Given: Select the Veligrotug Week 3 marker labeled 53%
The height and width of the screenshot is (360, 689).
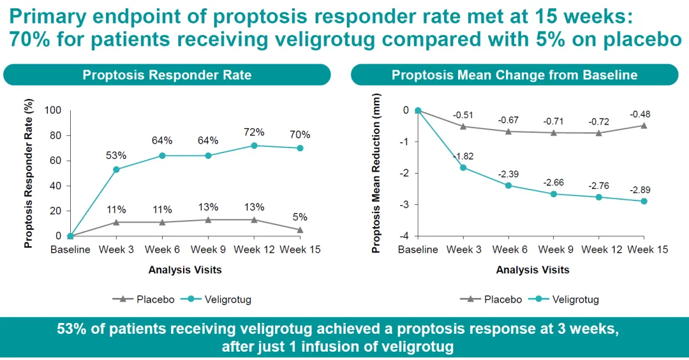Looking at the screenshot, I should pyautogui.click(x=116, y=169).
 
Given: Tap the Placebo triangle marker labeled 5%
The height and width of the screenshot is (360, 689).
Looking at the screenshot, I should pyautogui.click(x=300, y=230).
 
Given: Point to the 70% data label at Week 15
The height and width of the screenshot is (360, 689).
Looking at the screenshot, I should pyautogui.click(x=300, y=135).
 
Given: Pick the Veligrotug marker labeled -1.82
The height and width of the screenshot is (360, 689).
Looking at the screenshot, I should pyautogui.click(x=463, y=168).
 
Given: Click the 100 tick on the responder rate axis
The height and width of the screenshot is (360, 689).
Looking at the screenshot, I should pyautogui.click(x=52, y=110).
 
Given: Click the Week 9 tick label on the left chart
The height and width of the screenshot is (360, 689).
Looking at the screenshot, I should pyautogui.click(x=208, y=250).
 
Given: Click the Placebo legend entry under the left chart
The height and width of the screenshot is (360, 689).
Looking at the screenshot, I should pyautogui.click(x=143, y=299).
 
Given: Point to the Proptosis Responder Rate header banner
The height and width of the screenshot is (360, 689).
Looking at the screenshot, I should pyautogui.click(x=167, y=75).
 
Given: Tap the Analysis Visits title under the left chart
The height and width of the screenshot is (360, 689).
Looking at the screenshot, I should pyautogui.click(x=185, y=270).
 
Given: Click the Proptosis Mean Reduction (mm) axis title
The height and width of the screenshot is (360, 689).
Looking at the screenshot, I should pyautogui.click(x=376, y=172).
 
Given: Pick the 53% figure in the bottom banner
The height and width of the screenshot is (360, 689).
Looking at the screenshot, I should pyautogui.click(x=70, y=329).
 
